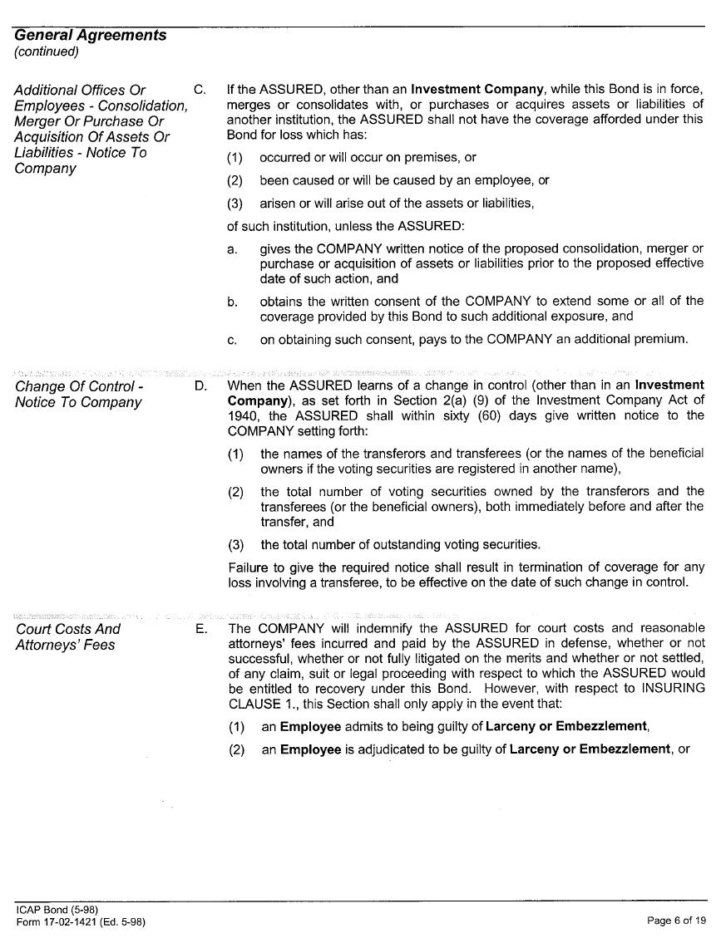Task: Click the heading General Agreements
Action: (x=90, y=35)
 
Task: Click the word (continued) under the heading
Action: (x=47, y=52)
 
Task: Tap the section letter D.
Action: (x=200, y=386)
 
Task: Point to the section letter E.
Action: (x=200, y=629)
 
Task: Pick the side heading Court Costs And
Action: (x=68, y=629)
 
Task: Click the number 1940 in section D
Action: (x=245, y=415)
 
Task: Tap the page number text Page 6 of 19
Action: (x=676, y=920)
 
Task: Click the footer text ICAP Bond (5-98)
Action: (x=57, y=909)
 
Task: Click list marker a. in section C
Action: (x=233, y=249)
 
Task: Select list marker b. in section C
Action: (x=233, y=302)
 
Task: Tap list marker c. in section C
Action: (x=233, y=339)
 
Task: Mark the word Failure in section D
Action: (x=248, y=567)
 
